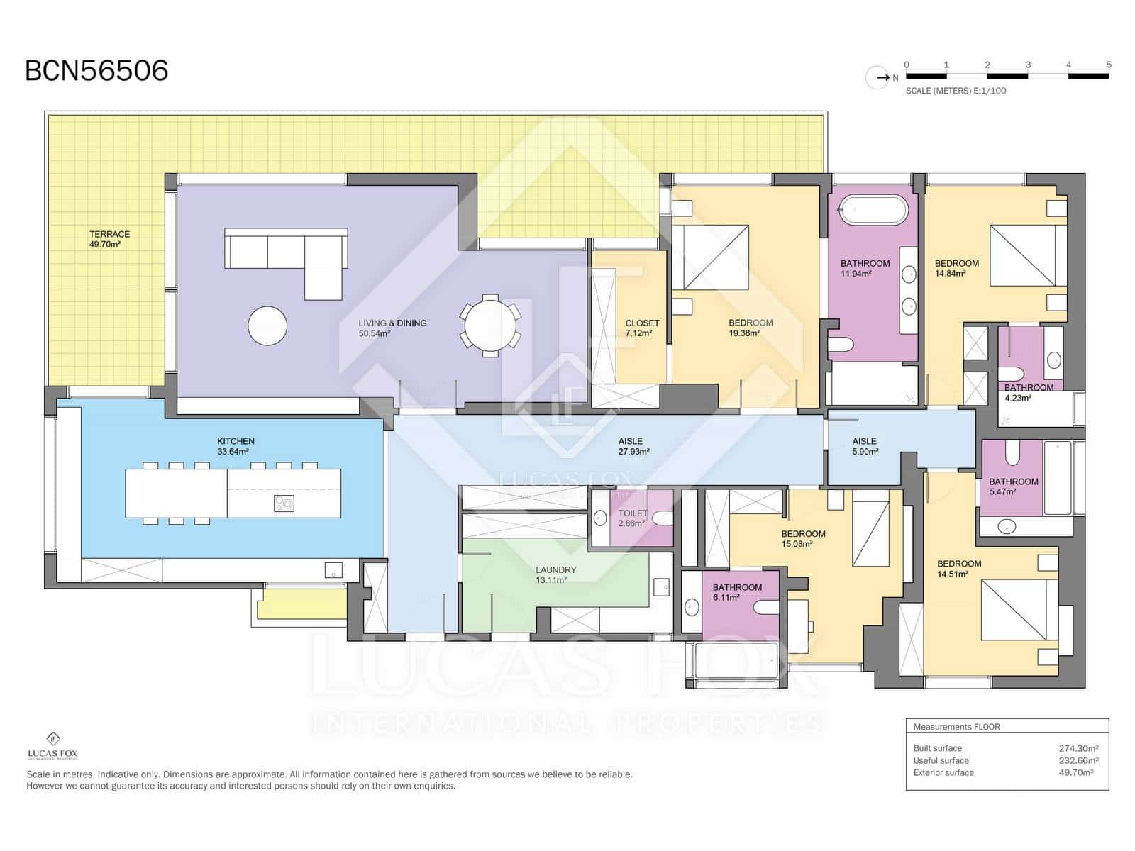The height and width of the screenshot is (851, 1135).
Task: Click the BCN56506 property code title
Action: click(96, 71)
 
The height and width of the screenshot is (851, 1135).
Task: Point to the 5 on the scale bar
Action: click(1109, 65)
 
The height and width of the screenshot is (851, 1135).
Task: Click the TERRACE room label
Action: click(109, 234)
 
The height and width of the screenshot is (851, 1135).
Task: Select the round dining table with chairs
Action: click(490, 326)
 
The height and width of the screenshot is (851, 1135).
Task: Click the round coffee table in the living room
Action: click(267, 326)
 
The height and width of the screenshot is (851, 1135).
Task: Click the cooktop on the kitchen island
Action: click(284, 504)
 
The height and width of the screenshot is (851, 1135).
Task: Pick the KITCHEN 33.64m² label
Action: click(236, 447)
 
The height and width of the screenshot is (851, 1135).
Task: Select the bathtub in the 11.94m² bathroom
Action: click(873, 209)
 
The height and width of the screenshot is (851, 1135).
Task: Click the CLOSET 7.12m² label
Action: click(642, 328)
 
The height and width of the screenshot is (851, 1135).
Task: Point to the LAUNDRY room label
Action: click(555, 570)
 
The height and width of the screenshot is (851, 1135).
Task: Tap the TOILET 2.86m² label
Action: click(632, 518)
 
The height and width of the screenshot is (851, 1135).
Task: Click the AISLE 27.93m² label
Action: click(633, 447)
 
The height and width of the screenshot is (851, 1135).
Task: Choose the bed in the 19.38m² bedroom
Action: click(716, 257)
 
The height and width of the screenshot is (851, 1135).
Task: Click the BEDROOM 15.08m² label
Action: click(802, 539)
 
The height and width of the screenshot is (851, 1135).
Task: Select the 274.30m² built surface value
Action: click(1079, 748)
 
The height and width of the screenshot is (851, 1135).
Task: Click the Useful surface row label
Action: click(941, 760)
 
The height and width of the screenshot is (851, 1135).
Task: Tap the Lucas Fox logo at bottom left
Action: click(52, 745)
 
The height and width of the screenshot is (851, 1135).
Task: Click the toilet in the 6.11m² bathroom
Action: click(766, 608)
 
